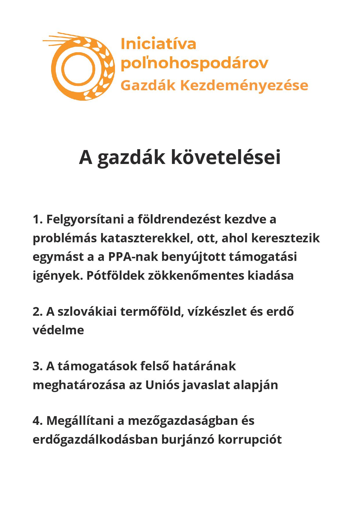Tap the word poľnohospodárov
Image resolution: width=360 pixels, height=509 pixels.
(194, 63)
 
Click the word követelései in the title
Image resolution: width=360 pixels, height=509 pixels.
(225, 158)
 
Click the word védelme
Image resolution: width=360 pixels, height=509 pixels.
(58, 330)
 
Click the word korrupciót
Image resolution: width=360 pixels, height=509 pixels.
(250, 440)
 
